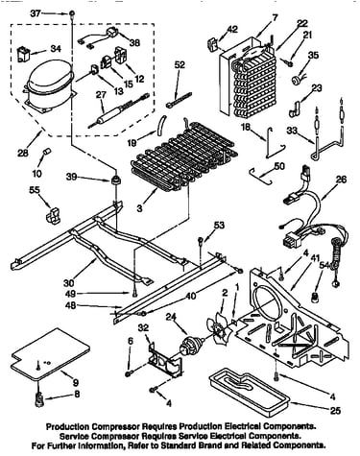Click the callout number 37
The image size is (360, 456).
coord(36,13)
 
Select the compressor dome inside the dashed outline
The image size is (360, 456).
coord(50,85)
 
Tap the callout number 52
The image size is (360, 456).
coord(180,64)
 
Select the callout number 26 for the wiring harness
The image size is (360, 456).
coord(341,180)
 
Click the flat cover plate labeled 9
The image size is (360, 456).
coord(50,357)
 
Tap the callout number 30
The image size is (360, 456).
coord(69,283)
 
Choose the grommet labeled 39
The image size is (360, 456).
coord(115,180)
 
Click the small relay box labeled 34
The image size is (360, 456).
coord(23,54)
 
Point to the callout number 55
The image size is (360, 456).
coord(35,190)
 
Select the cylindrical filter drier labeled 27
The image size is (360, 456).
coord(119,108)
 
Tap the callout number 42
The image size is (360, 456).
coord(232,29)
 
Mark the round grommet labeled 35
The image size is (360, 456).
coord(296,80)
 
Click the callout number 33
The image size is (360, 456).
coord(292,131)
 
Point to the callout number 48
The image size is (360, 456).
coord(71,306)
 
